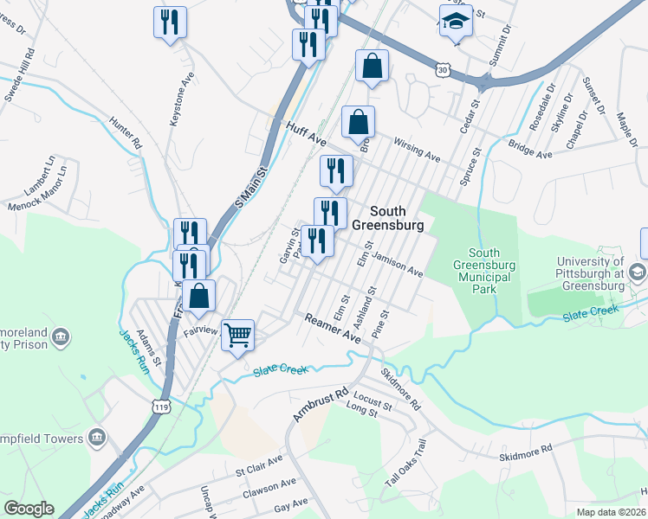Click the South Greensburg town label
(396, 218)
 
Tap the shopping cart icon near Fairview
(238, 334)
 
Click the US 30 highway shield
(443, 68)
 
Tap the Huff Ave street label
(306, 135)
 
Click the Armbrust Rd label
(313, 404)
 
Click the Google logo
(29, 509)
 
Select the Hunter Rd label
(126, 134)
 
